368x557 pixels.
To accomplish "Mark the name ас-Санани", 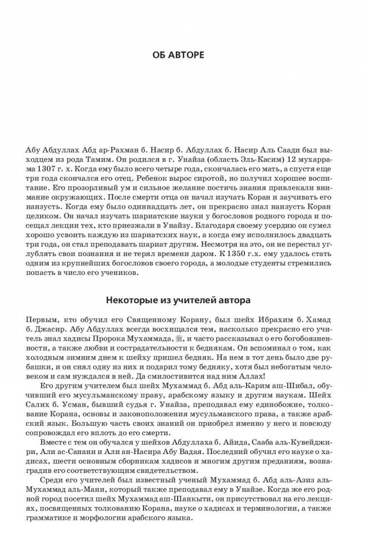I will click(68, 451).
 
